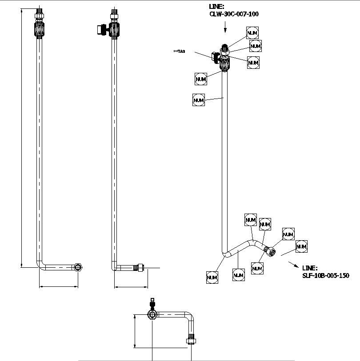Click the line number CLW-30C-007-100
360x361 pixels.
pos(234,14)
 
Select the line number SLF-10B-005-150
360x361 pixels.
pos(325,276)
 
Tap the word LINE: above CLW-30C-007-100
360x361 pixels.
pos(217,7)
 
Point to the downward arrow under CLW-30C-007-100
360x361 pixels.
pos(225,28)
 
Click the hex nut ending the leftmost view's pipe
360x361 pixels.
pos(79,267)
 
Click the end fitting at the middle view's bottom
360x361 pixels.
pos(140,267)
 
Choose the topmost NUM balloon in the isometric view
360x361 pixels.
pos(252,32)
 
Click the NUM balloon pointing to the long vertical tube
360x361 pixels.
pos(198,100)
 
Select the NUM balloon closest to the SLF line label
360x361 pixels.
pos(301,246)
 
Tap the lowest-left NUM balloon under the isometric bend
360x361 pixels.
pos(212,278)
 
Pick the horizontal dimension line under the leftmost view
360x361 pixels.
pos(59,286)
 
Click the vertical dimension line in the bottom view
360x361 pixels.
pos(134,331)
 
